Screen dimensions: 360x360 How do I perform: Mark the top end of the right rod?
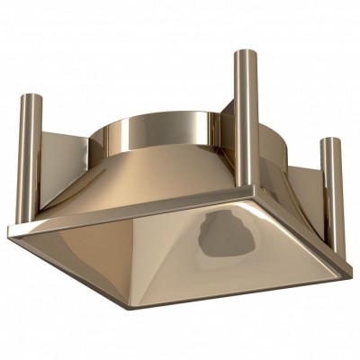[332, 141]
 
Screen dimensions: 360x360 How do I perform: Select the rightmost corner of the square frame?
[349, 270]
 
